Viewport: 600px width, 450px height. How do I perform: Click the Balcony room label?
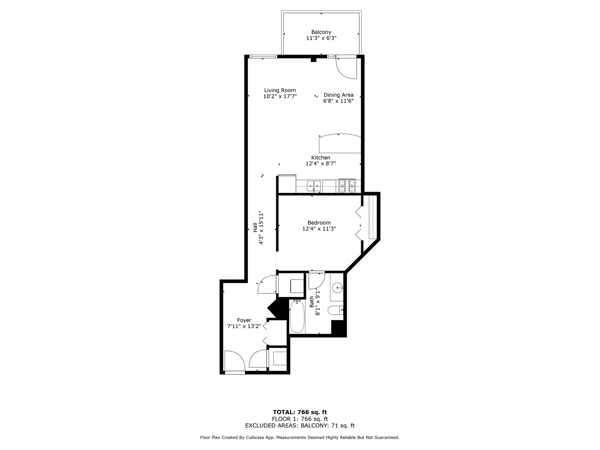321,32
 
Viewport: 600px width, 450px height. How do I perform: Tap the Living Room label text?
280,90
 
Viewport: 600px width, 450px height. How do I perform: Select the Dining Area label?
338,95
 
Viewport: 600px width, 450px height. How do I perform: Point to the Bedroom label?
319,223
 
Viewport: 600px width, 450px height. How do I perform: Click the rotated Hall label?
255,227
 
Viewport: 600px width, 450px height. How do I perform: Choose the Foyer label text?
244,320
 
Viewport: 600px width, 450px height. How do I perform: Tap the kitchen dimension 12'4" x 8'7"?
321,164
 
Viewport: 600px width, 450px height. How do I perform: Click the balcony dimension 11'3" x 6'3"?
321,38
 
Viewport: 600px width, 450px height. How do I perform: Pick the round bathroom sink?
337,287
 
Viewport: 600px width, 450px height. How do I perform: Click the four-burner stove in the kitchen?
347,186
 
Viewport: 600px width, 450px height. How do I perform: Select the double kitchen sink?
314,186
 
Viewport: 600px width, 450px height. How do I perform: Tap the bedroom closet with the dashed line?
370,217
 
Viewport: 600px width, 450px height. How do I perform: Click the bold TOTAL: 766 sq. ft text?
300,412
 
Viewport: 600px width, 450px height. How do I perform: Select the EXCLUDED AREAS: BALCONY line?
300,425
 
